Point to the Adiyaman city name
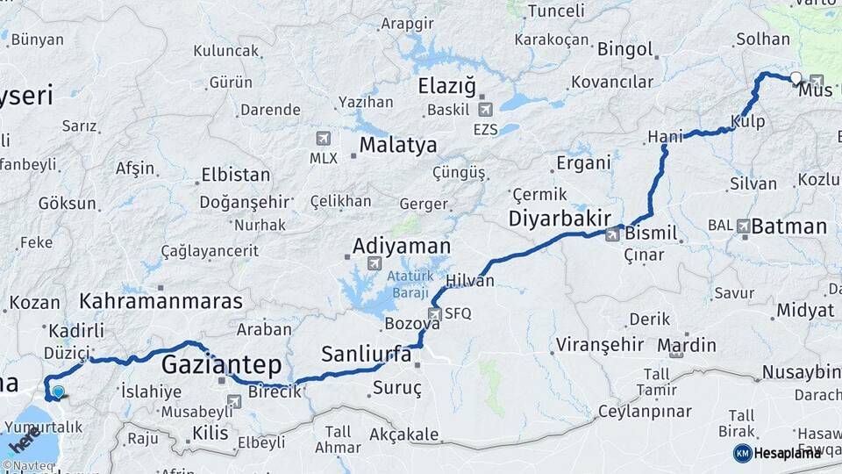tap(402, 246)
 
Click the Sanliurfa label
tap(366, 355)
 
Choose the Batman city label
tap(789, 226)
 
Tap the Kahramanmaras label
tap(161, 301)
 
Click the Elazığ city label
tap(446, 87)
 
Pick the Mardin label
tap(686, 344)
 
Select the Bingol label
tap(625, 49)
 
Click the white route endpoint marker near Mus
tap(796, 78)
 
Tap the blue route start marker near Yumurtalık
tap(58, 391)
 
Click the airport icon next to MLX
tap(323, 139)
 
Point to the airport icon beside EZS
tap(485, 110)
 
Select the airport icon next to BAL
tap(744, 226)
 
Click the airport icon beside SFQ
tap(435, 313)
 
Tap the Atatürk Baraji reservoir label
tap(410, 284)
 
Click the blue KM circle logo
tap(742, 453)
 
